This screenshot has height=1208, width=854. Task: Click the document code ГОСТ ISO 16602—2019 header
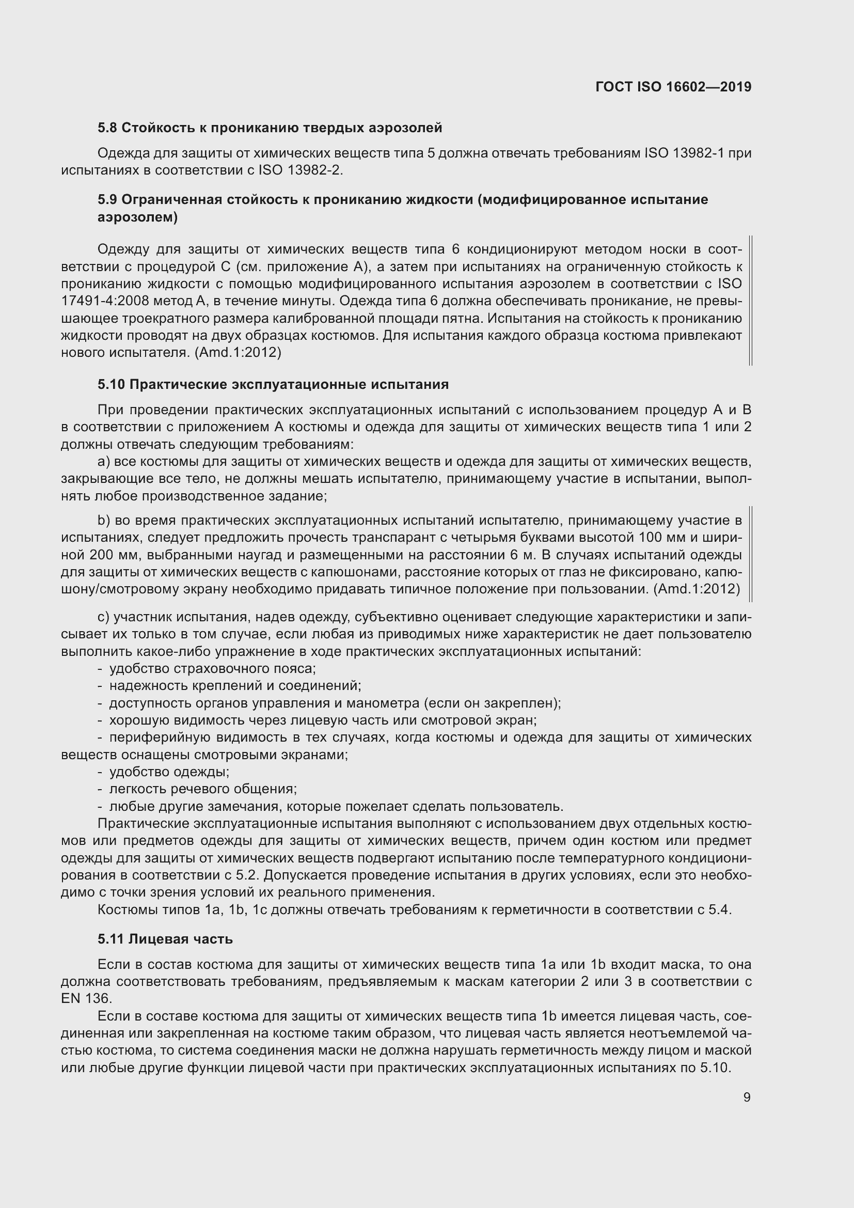(x=673, y=87)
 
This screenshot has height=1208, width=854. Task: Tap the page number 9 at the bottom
(x=747, y=1097)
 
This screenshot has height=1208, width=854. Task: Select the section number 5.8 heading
(x=108, y=128)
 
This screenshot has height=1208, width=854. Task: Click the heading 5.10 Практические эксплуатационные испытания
(x=273, y=385)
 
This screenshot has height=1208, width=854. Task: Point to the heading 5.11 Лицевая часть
(x=165, y=939)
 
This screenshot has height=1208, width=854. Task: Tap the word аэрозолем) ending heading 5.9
(x=138, y=217)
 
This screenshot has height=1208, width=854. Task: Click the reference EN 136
(x=86, y=999)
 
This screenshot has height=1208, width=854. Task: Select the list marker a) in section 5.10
(x=104, y=462)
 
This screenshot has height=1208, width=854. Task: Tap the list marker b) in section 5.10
(x=104, y=521)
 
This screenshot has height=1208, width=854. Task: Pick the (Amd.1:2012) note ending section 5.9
(x=238, y=353)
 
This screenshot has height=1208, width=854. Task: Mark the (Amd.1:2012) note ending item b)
(x=697, y=589)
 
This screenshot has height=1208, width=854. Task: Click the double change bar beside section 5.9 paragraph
(x=750, y=301)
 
